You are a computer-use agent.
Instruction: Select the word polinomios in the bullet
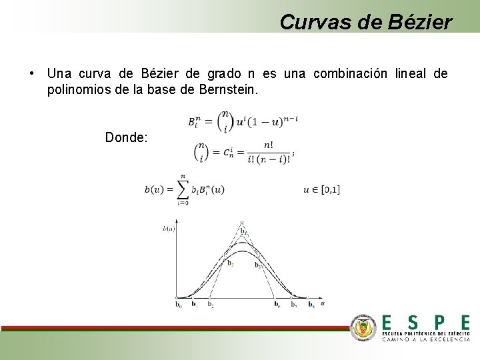[x=79, y=89]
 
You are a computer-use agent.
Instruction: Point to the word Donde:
[x=127, y=137]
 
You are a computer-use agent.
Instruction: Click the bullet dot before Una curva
[x=32, y=73]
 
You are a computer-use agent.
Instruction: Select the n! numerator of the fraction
[x=268, y=145]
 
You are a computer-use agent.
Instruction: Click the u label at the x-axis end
[x=323, y=303]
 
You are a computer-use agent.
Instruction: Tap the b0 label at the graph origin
[x=178, y=305]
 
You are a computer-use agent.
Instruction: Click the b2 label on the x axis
[x=210, y=305]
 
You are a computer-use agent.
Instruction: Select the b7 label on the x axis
[x=293, y=305]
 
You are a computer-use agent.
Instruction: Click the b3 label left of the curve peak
[x=230, y=263]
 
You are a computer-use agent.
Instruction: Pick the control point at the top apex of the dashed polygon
[x=242, y=223]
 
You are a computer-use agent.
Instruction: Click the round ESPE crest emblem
[x=364, y=327]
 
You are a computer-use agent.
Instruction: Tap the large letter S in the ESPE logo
[x=413, y=323]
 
